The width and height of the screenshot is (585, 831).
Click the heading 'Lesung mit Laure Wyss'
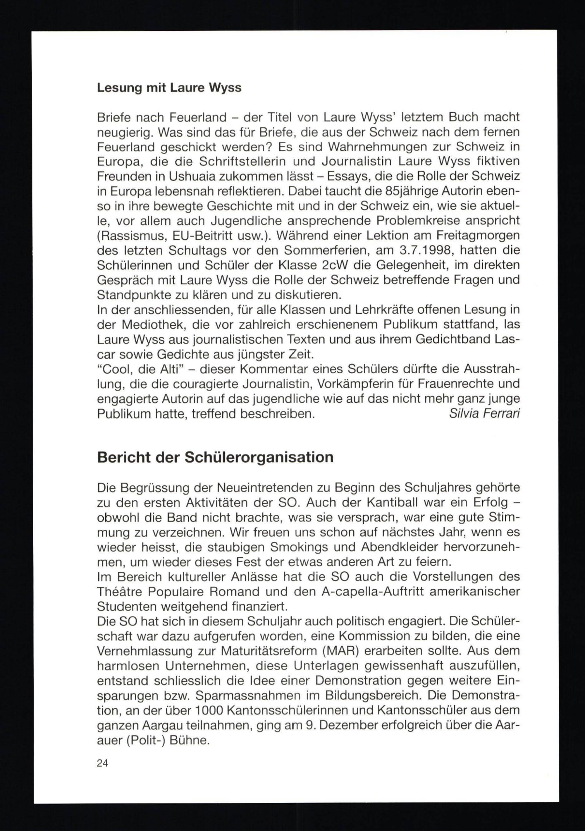point(169,88)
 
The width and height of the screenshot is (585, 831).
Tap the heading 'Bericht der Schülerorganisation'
point(215,457)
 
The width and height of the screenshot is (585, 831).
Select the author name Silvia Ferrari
point(484,414)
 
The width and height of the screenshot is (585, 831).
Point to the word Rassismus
point(132,236)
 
